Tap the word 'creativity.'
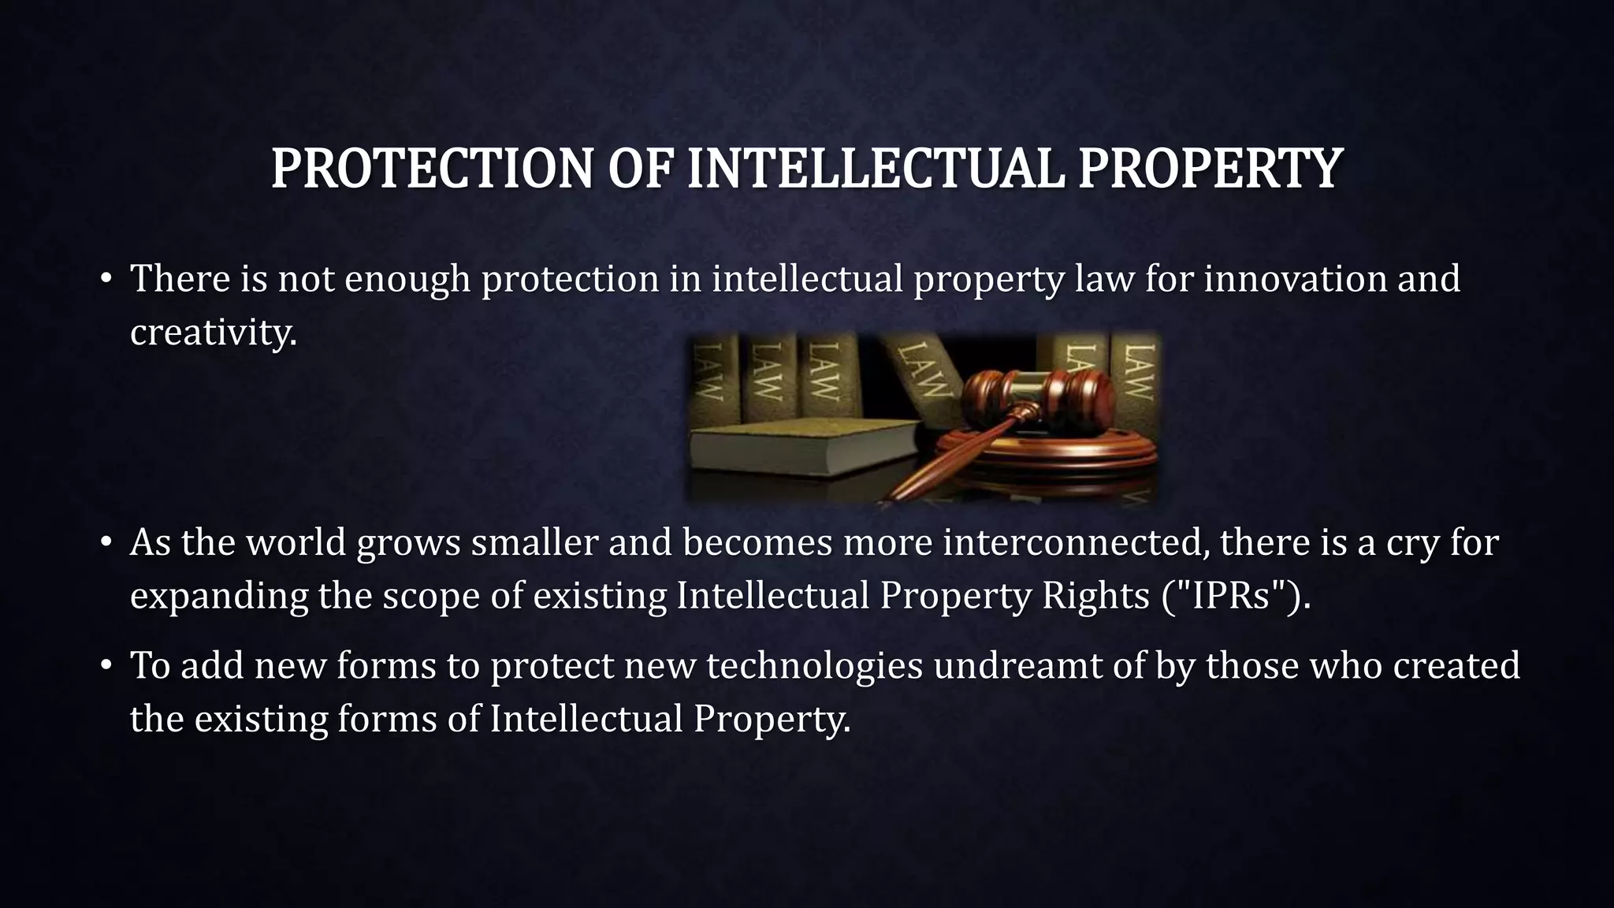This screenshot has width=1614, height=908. (x=214, y=332)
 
